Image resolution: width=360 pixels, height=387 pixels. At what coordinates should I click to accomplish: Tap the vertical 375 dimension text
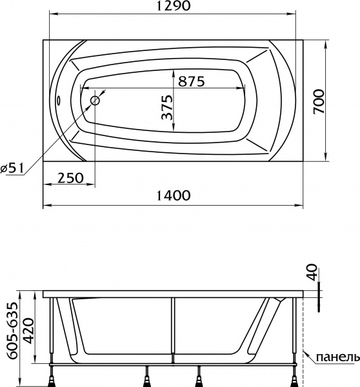tap(166, 108)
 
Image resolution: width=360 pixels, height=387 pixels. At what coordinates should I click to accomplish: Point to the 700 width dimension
tap(319, 101)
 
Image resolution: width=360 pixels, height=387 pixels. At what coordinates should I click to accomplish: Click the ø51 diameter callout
tap(13, 168)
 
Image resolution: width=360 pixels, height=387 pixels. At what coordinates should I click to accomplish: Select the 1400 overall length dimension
tap(173, 196)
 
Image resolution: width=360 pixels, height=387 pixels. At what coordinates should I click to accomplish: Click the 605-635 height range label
tap(10, 335)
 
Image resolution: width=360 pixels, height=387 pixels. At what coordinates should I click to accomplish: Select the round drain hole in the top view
tap(95, 101)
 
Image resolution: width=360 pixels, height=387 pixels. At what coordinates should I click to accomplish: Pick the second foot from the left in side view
tap(150, 375)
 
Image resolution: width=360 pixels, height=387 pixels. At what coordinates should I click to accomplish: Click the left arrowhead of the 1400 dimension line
tap(45, 207)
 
